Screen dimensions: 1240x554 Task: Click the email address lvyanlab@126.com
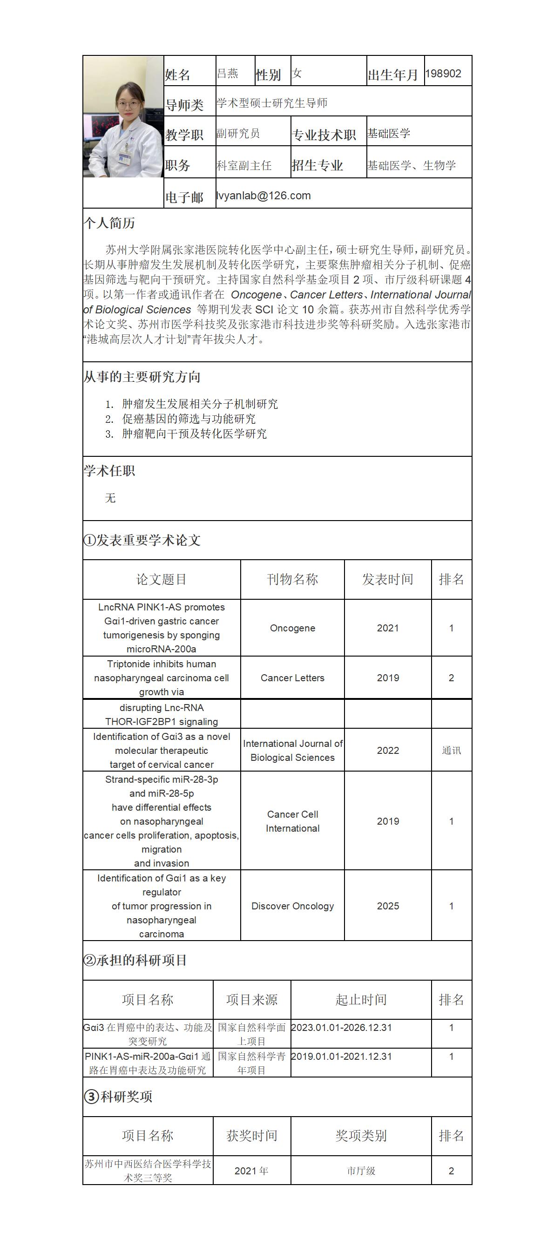(x=263, y=196)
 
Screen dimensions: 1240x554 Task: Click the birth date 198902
(x=443, y=74)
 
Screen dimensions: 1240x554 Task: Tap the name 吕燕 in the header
(x=227, y=73)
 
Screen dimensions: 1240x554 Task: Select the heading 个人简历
(x=109, y=223)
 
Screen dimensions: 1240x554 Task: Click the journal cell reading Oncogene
(x=292, y=628)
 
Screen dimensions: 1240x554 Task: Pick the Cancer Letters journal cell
(x=292, y=678)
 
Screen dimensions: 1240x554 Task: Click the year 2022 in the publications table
(x=387, y=751)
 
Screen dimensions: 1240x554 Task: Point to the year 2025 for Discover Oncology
(x=387, y=906)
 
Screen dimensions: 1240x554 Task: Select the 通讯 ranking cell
(x=451, y=751)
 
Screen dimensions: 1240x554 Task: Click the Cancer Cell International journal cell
(x=292, y=821)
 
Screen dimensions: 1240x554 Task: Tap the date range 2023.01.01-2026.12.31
(x=341, y=1027)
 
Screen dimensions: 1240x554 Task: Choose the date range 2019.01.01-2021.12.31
(x=341, y=1056)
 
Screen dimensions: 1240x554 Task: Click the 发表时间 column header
(x=387, y=579)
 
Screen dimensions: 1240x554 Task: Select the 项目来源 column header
(x=252, y=1000)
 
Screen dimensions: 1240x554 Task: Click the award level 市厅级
(x=361, y=1171)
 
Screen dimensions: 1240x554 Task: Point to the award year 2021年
(x=251, y=1171)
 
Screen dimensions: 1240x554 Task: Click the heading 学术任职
(x=109, y=471)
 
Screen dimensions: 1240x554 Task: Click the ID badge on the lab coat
(x=125, y=157)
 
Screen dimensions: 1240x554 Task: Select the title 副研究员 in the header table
(x=238, y=133)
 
